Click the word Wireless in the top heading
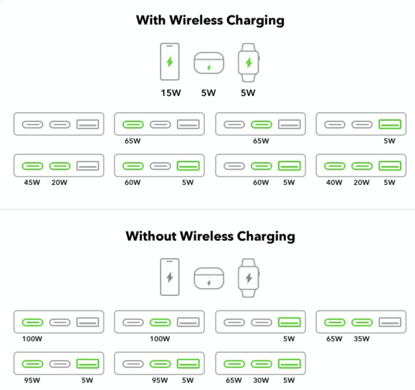click(196, 20)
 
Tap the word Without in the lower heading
click(151, 236)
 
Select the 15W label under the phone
click(171, 93)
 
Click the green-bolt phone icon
click(170, 62)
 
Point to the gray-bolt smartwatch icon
click(249, 278)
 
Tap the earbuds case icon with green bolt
click(209, 63)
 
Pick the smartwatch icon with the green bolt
click(249, 62)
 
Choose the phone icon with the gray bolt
click(170, 277)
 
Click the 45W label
click(32, 182)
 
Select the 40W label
click(334, 182)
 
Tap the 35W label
click(362, 339)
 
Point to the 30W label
click(261, 380)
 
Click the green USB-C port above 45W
click(32, 166)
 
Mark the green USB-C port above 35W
click(362, 322)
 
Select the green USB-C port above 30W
click(261, 364)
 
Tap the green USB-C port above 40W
click(335, 166)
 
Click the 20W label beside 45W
click(59, 182)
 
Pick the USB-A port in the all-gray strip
click(88, 124)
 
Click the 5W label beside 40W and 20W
click(389, 182)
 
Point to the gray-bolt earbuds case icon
click(209, 278)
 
